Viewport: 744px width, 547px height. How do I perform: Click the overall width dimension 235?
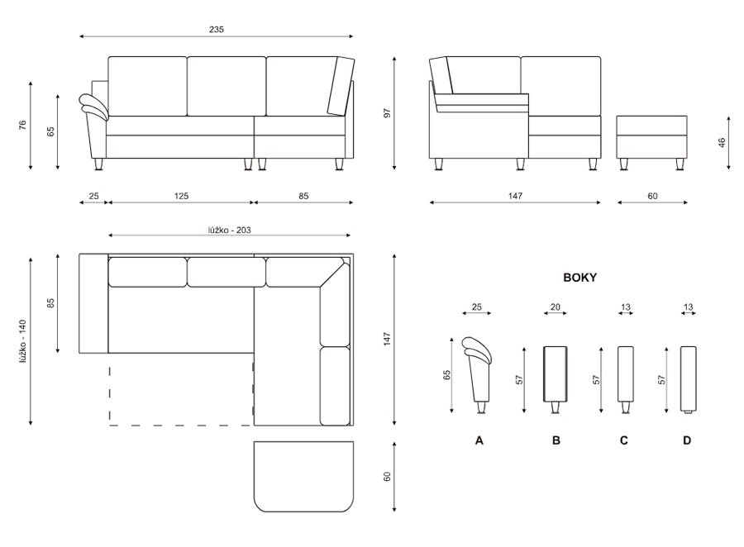point(217,30)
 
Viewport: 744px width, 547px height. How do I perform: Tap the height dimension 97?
point(387,113)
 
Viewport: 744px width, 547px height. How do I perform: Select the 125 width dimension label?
point(181,196)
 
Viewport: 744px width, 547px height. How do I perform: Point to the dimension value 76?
point(23,126)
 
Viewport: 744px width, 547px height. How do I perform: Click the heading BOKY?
point(579,278)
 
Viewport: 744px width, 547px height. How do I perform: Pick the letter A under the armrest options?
point(479,440)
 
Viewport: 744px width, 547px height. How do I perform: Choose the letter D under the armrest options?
point(687,440)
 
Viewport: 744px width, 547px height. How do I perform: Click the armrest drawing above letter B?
point(556,379)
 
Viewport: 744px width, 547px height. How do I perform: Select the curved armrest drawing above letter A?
point(478,375)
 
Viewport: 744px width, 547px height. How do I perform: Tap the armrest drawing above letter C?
point(626,379)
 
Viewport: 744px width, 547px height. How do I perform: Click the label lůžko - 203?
point(229,230)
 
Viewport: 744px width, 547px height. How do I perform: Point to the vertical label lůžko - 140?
point(23,341)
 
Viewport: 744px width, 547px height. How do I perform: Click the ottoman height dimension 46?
point(723,142)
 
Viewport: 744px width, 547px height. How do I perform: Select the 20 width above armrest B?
point(556,307)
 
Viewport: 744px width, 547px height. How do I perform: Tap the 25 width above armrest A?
point(477,307)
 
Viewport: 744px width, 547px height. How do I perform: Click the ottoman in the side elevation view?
point(652,142)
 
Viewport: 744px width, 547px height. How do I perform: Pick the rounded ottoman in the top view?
point(303,477)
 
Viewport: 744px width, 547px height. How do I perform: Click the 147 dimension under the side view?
point(515,196)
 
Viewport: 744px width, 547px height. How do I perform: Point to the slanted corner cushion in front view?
point(341,86)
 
